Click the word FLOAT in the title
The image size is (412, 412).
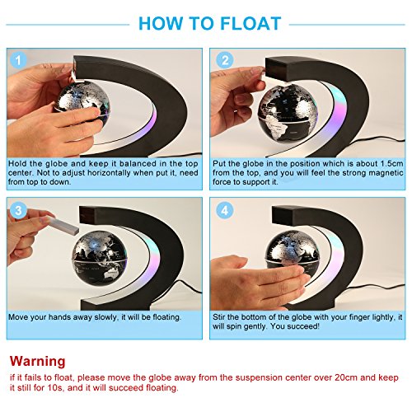[x=250, y=23]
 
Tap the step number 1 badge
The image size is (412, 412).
[x=18, y=60]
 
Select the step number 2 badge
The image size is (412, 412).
[x=225, y=60]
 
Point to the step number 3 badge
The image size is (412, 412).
[x=18, y=211]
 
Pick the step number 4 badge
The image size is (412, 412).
[x=225, y=211]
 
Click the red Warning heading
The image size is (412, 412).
[x=38, y=361]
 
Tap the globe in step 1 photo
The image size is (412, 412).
[x=82, y=102]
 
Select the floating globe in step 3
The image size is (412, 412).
[x=100, y=258]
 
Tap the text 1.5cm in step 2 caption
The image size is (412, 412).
[x=392, y=164]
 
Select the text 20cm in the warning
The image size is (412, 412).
[x=346, y=377]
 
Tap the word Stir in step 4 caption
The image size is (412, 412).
[x=219, y=317]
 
